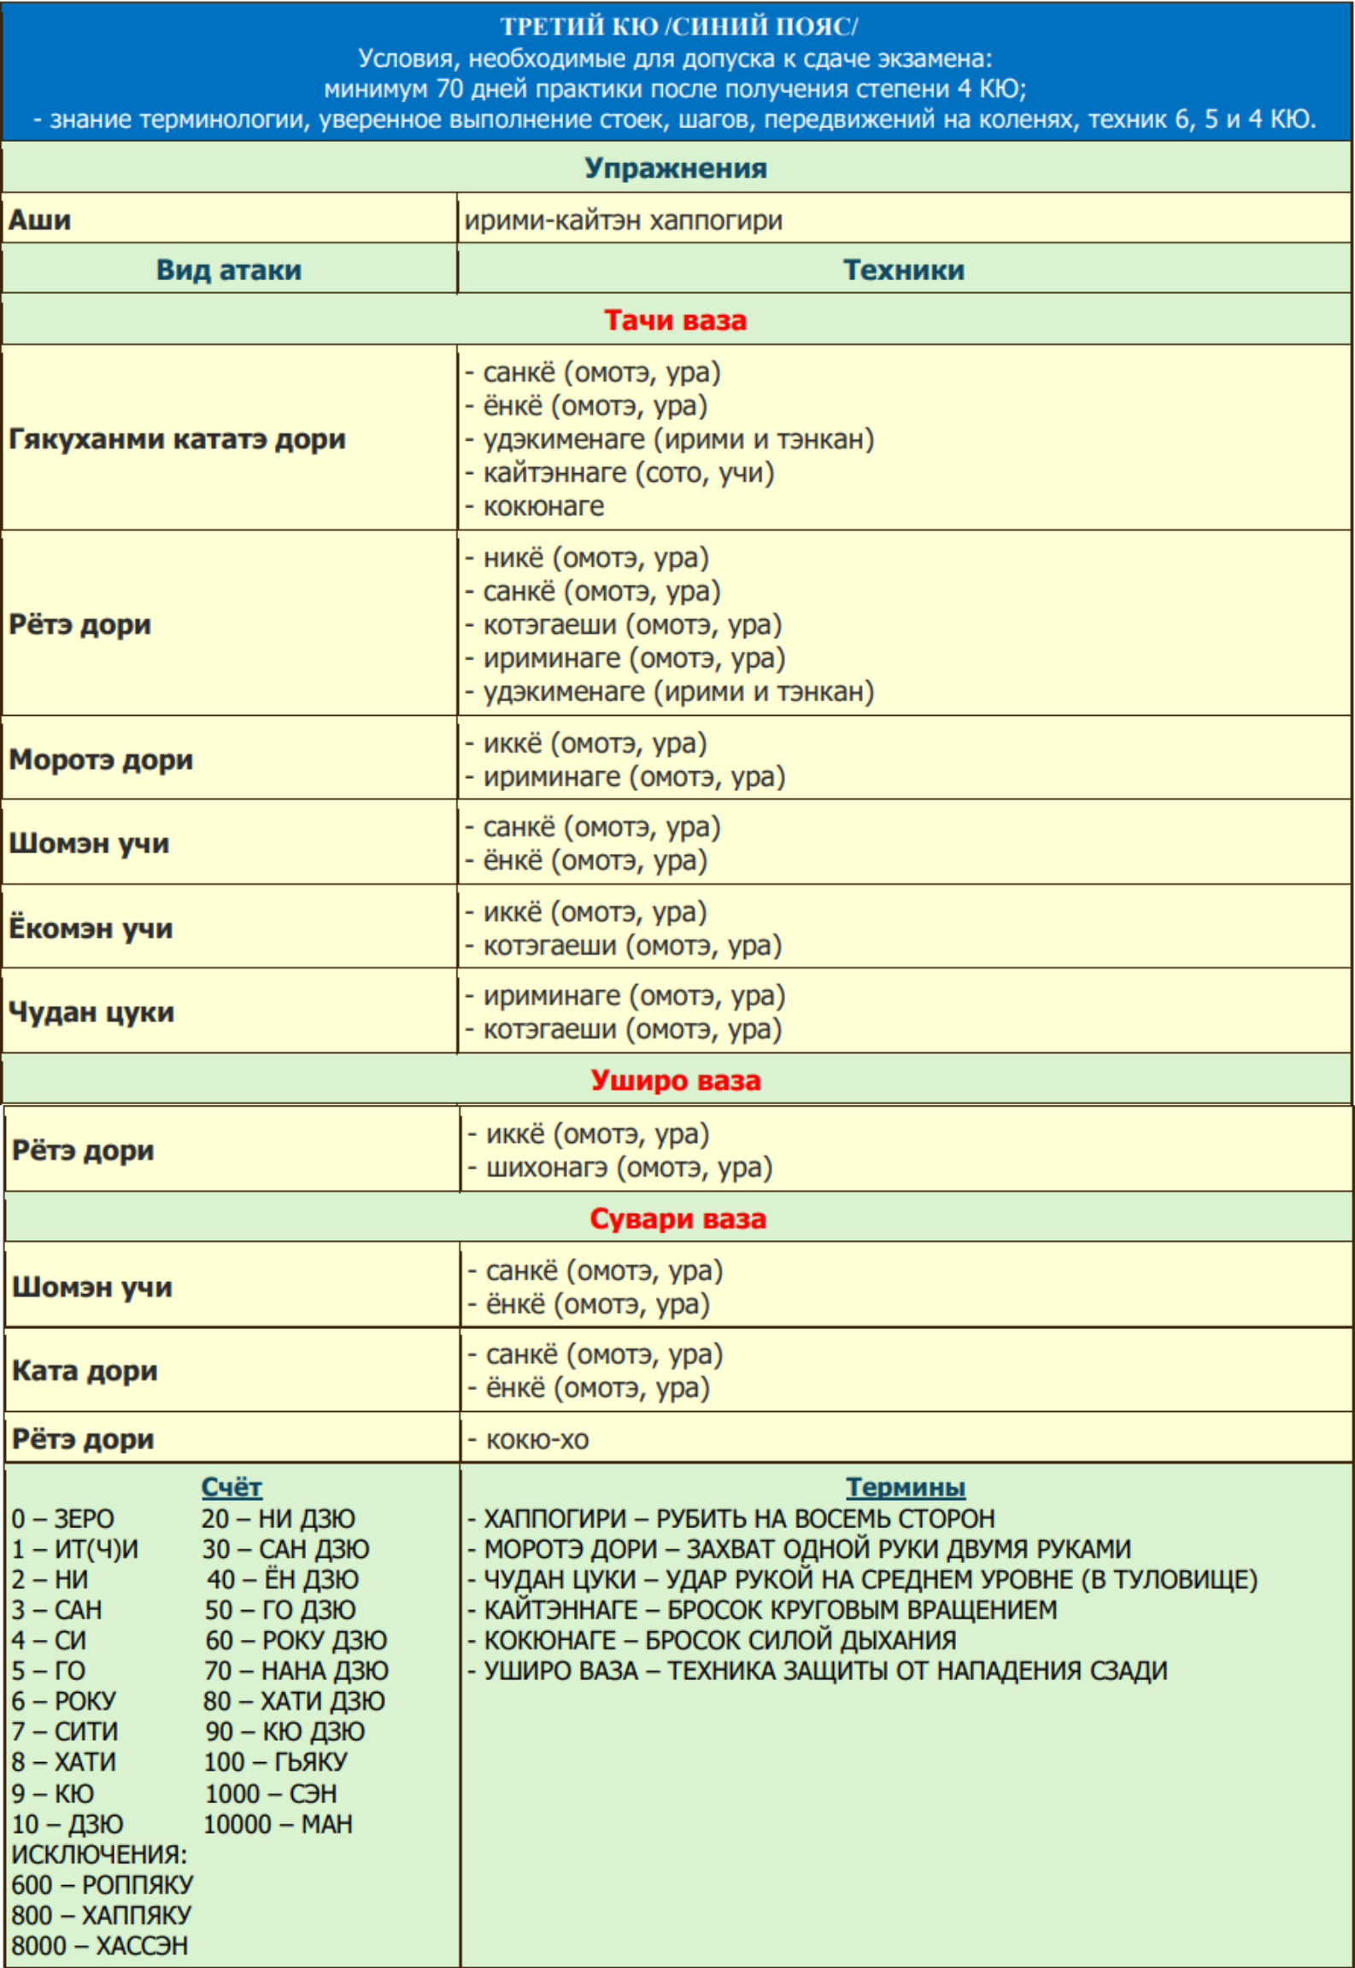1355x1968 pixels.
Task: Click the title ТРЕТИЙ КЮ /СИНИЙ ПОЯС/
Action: click(678, 26)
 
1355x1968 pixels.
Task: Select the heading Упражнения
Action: click(676, 168)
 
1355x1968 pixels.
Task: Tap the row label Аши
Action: click(40, 220)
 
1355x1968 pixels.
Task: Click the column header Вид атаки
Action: click(229, 270)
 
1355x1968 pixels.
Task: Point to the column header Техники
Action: click(904, 270)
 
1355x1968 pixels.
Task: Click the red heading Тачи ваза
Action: click(676, 320)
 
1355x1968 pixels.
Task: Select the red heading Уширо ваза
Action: click(676, 1081)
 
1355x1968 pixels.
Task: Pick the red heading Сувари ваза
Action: click(677, 1219)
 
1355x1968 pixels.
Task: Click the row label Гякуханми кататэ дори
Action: click(178, 439)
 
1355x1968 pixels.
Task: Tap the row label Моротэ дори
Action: click(101, 759)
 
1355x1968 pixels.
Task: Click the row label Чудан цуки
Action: click(91, 1012)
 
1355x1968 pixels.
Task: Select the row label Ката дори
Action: click(85, 1371)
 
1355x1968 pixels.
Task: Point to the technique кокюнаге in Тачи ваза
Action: click(543, 506)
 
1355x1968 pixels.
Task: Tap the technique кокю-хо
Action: click(537, 1440)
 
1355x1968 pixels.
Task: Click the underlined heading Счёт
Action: click(232, 1487)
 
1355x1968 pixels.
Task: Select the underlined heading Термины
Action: click(906, 1487)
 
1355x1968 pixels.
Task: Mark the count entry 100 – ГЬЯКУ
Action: click(275, 1761)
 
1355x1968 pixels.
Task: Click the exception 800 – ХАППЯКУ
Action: click(102, 1915)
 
